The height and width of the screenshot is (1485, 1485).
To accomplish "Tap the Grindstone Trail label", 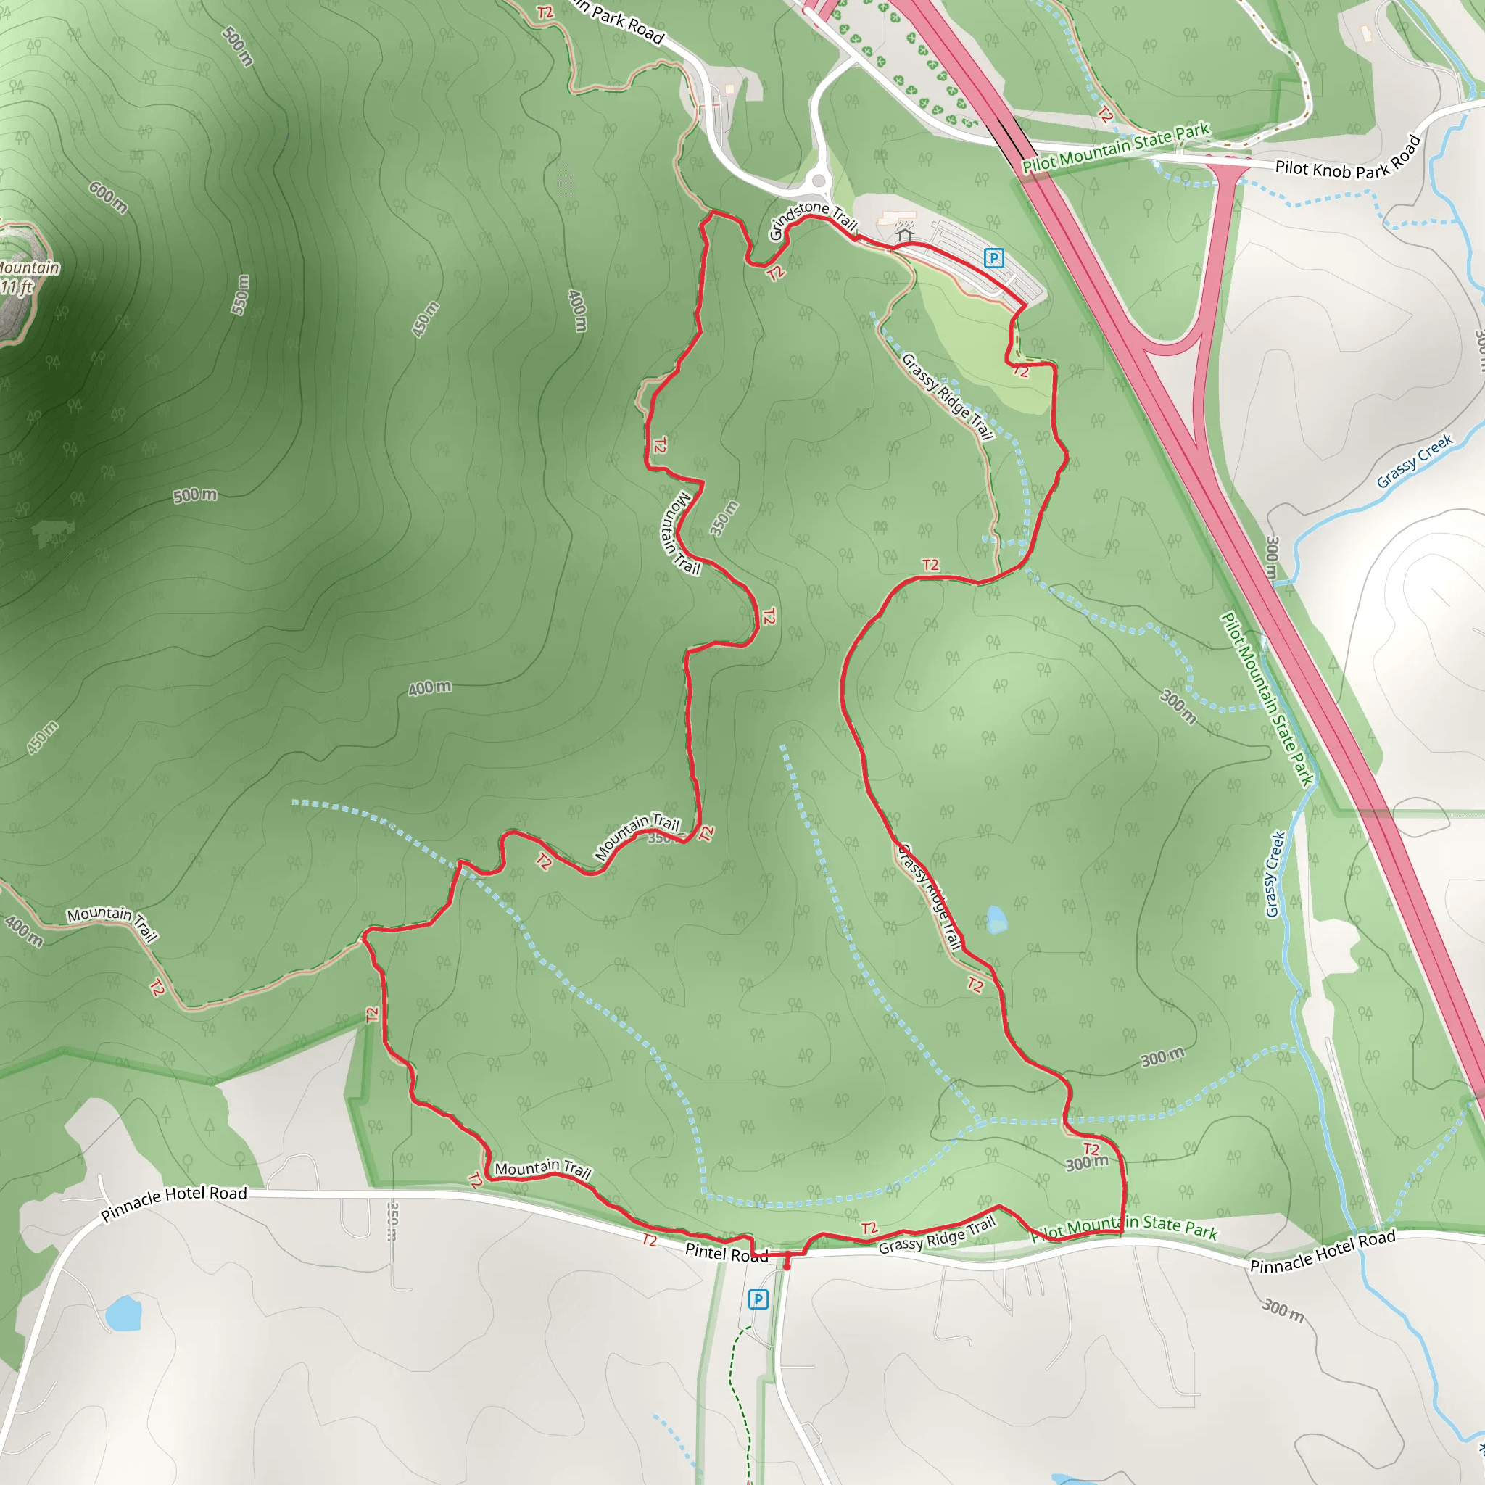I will (x=811, y=220).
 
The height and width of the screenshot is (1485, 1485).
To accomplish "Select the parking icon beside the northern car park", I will (x=994, y=258).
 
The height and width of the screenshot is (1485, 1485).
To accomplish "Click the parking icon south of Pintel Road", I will (x=758, y=1299).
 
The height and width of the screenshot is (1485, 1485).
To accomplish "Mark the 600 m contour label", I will (x=107, y=197).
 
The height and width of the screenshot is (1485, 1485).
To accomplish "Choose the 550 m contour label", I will (x=241, y=294).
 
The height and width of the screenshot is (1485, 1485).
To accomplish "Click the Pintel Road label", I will (x=726, y=1253).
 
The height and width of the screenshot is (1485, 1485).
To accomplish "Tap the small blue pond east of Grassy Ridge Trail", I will (x=996, y=919).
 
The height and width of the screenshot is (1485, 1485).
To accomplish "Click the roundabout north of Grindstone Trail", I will (x=819, y=181).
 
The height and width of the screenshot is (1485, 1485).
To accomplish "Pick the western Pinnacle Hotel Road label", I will (x=175, y=1203).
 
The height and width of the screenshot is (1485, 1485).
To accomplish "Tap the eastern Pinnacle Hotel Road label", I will (x=1322, y=1252).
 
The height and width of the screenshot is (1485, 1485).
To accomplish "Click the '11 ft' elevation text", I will (x=17, y=287).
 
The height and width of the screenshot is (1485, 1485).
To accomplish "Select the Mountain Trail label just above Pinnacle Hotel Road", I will (x=542, y=1169).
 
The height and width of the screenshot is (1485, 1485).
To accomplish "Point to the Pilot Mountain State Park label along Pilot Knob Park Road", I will (x=1115, y=148).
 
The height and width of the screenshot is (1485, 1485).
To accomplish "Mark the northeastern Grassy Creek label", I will (x=1414, y=461).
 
